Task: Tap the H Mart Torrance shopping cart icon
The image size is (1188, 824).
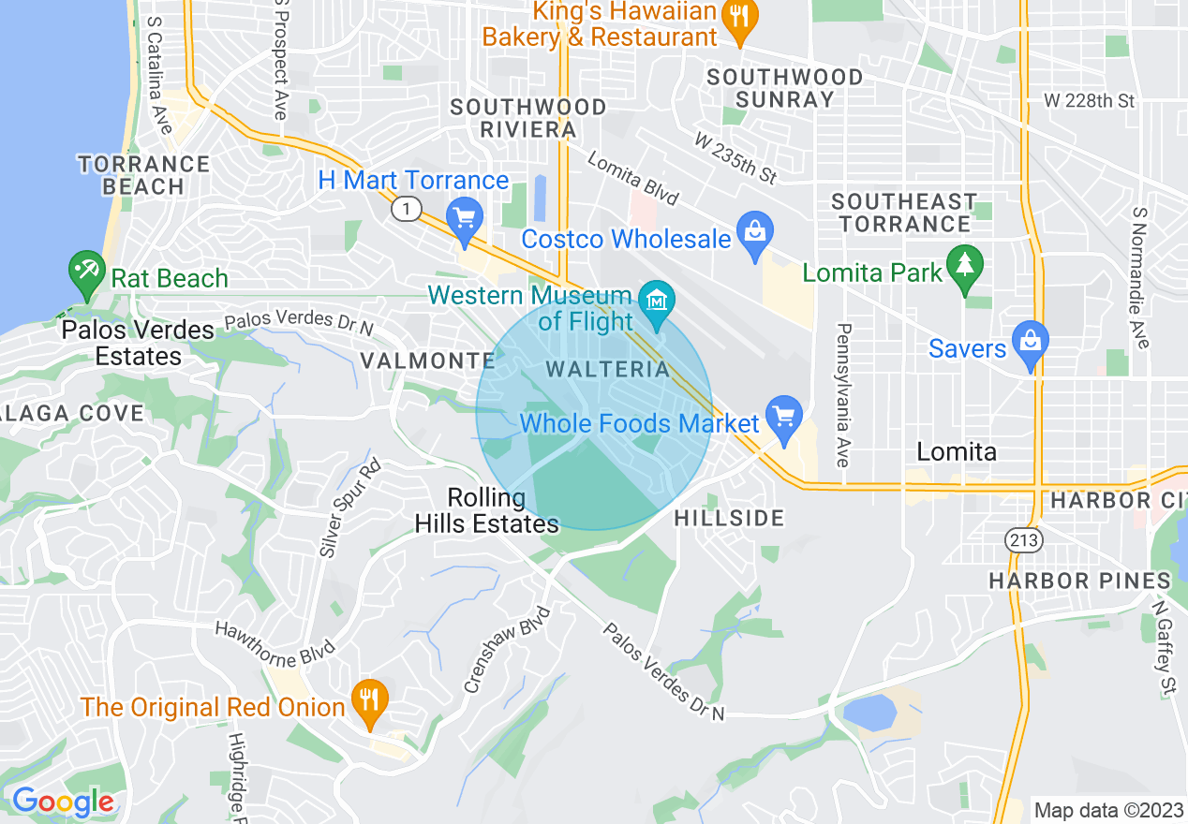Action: point(464,218)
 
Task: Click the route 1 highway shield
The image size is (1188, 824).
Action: point(406,209)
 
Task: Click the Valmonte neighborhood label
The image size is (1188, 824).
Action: point(427,360)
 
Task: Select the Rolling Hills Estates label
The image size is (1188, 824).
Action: point(486,511)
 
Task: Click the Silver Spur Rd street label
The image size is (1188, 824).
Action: point(349,508)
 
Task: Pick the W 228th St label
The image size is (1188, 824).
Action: point(1090,100)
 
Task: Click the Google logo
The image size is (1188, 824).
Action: point(63,802)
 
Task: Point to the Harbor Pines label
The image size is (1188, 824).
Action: point(1079,581)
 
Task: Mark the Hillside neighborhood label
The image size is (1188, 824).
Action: point(729,518)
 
